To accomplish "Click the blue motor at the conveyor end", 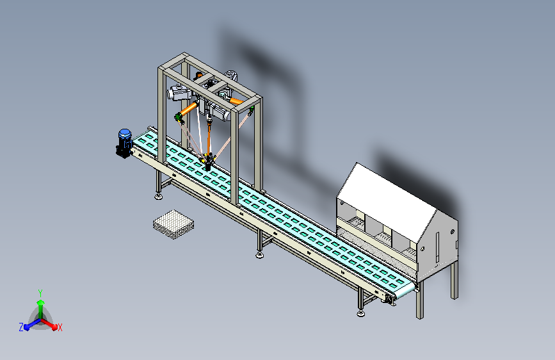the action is [124, 143].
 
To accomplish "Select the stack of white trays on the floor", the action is [173, 224].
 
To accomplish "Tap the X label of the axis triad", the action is [60, 328].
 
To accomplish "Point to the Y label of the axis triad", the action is [40, 293].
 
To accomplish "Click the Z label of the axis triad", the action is [21, 327].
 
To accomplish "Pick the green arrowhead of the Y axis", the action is [41, 302].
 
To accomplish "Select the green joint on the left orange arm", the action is [179, 118].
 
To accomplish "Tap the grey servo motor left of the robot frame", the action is [179, 93].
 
